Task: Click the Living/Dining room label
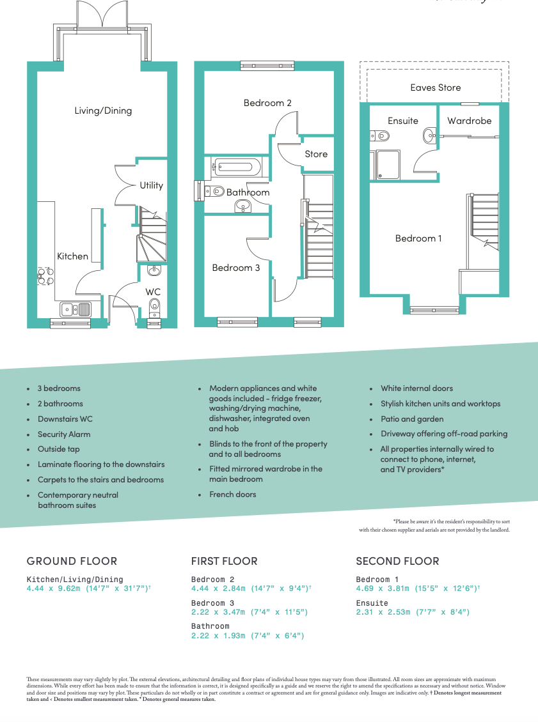click(103, 111)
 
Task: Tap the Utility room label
click(152, 185)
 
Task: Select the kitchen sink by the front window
click(75, 310)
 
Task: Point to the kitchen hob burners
click(45, 275)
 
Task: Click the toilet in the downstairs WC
click(154, 310)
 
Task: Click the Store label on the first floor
click(316, 154)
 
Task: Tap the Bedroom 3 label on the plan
click(236, 268)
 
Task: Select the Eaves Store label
click(435, 88)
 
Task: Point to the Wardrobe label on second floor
click(469, 121)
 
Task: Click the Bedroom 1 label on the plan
click(418, 238)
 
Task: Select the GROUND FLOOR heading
click(72, 561)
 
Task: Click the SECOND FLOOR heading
click(397, 561)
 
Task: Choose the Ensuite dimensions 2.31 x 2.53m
click(413, 612)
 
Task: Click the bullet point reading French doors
click(232, 495)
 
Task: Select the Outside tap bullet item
click(59, 449)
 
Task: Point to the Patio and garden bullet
click(412, 419)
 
